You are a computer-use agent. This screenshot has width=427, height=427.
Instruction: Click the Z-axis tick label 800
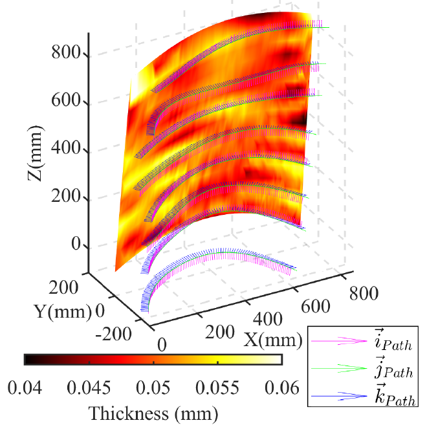pos(67,54)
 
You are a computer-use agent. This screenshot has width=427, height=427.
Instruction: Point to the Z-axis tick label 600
pos(67,102)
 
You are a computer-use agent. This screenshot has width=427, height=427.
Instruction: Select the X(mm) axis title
pos(273,339)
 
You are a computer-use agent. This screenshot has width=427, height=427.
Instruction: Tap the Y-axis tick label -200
pos(113,334)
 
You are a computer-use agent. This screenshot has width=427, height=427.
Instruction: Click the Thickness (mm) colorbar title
pos(153,412)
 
